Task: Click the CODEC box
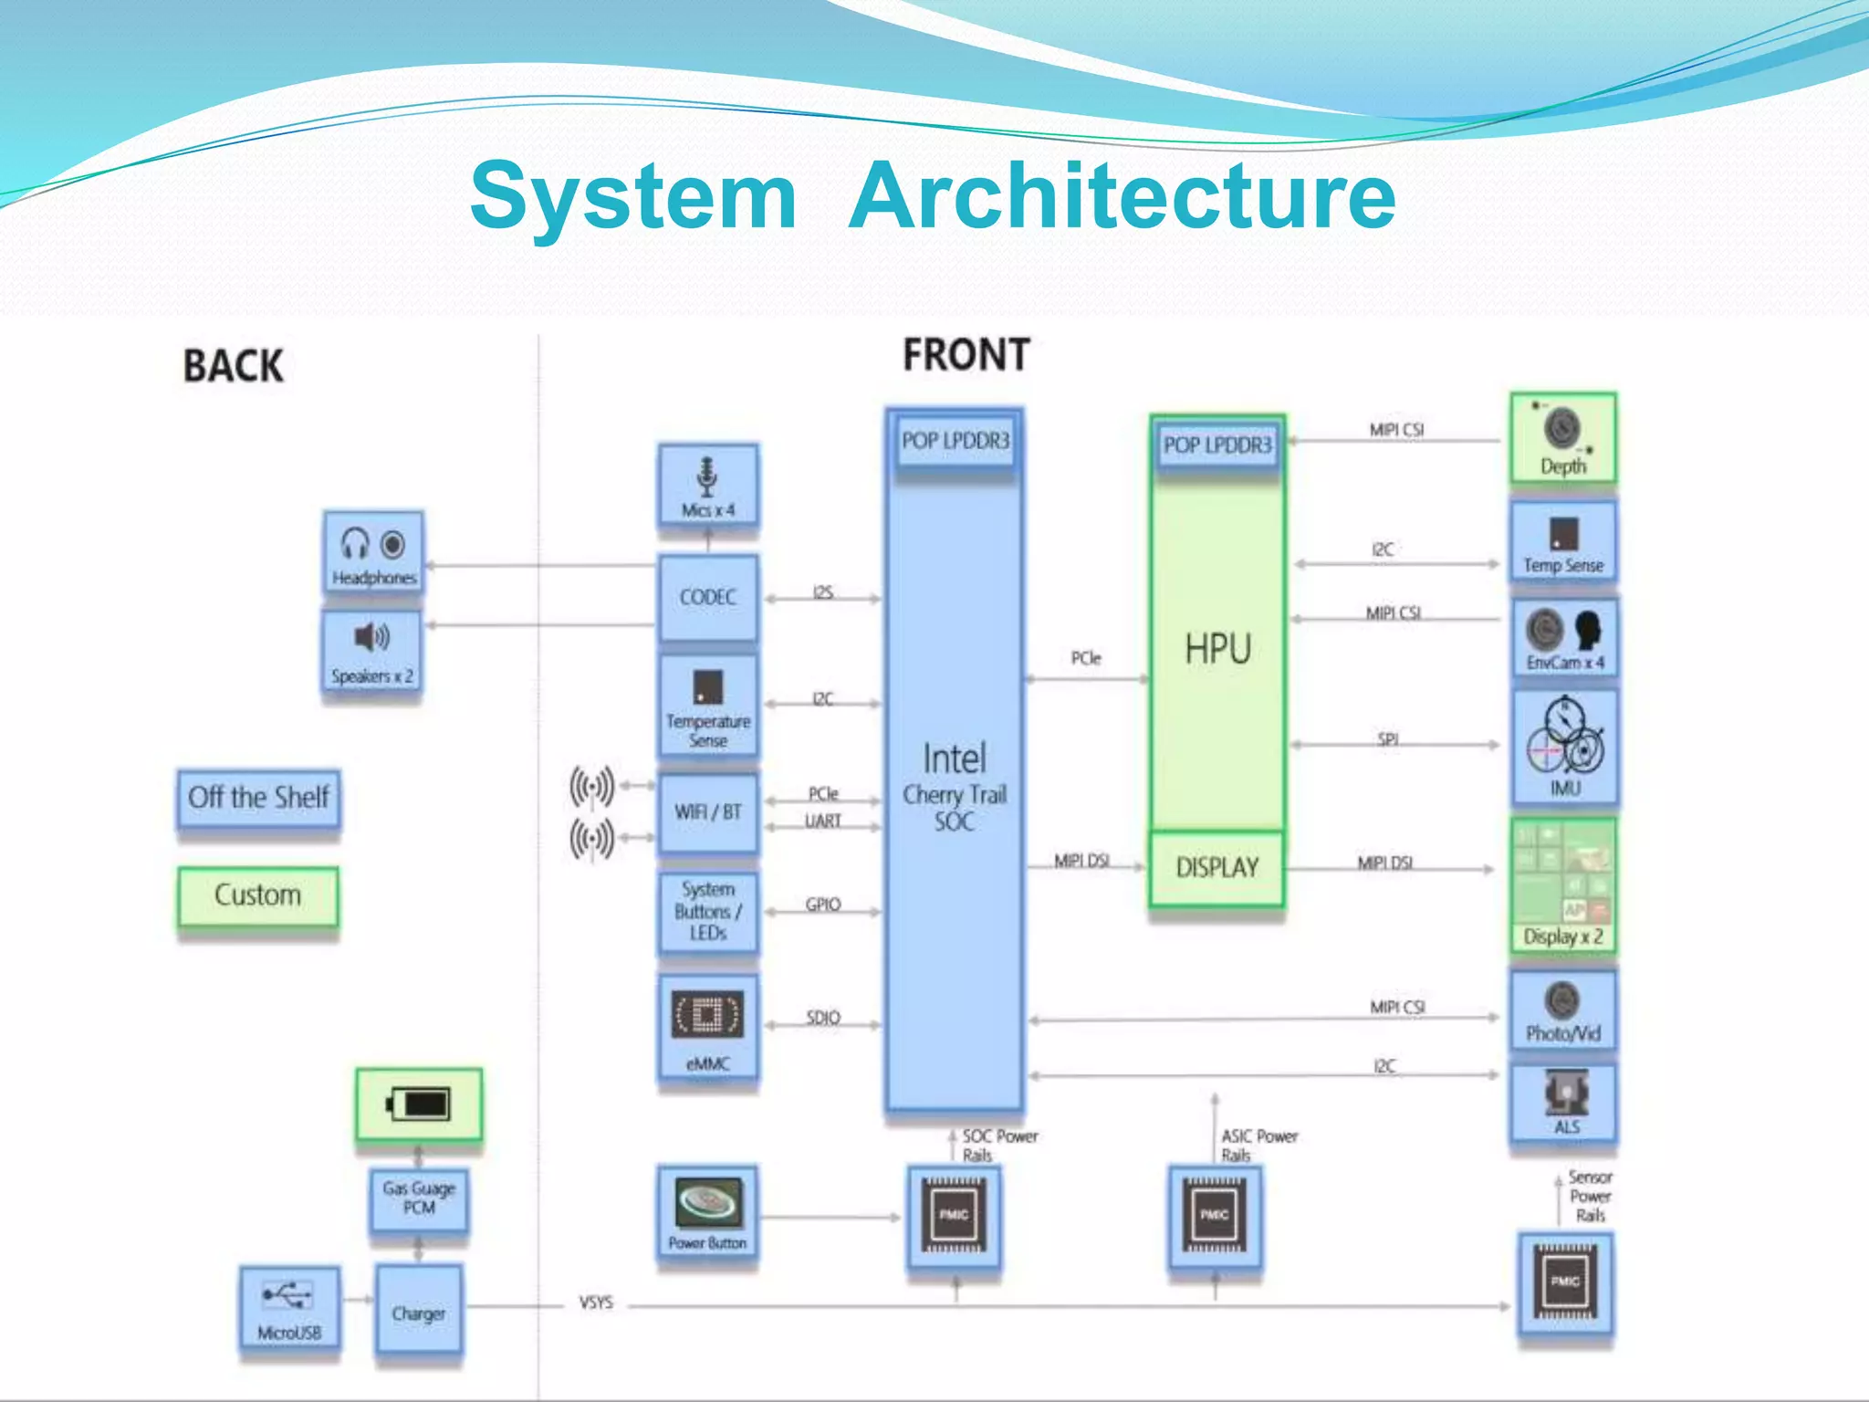pyautogui.click(x=707, y=597)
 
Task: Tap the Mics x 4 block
pyautogui.click(x=707, y=486)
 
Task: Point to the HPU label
pyautogui.click(x=1217, y=649)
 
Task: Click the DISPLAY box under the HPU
pyautogui.click(x=1216, y=867)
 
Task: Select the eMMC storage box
pyautogui.click(x=707, y=1029)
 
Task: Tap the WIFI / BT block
pyautogui.click(x=707, y=812)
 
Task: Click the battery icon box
pyautogui.click(x=419, y=1104)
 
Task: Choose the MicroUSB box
pyautogui.click(x=289, y=1306)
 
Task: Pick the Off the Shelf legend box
pyautogui.click(x=258, y=798)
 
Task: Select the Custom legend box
pyautogui.click(x=257, y=895)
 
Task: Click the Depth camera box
pyautogui.click(x=1562, y=439)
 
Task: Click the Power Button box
pyautogui.click(x=707, y=1214)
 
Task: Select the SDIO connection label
pyautogui.click(x=822, y=1017)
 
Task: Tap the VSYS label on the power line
pyautogui.click(x=596, y=1303)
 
